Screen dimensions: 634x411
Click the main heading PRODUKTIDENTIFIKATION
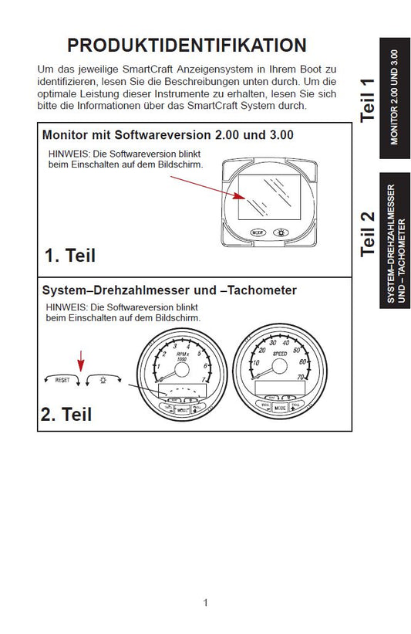[x=187, y=45]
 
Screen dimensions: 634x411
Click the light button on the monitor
[x=279, y=232]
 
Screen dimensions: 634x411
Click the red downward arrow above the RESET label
[x=79, y=359]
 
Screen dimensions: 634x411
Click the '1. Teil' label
[x=70, y=256]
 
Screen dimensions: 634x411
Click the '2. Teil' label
[x=66, y=414]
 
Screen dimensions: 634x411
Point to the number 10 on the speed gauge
[x=256, y=362]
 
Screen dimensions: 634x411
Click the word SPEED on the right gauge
[x=279, y=354]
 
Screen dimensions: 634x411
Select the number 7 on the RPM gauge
[x=204, y=380]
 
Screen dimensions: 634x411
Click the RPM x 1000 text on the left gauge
[x=182, y=358]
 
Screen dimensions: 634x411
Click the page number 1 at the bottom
[x=205, y=603]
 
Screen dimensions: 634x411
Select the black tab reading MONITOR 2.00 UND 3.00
[x=394, y=98]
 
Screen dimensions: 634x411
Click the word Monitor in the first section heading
[x=68, y=134]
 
